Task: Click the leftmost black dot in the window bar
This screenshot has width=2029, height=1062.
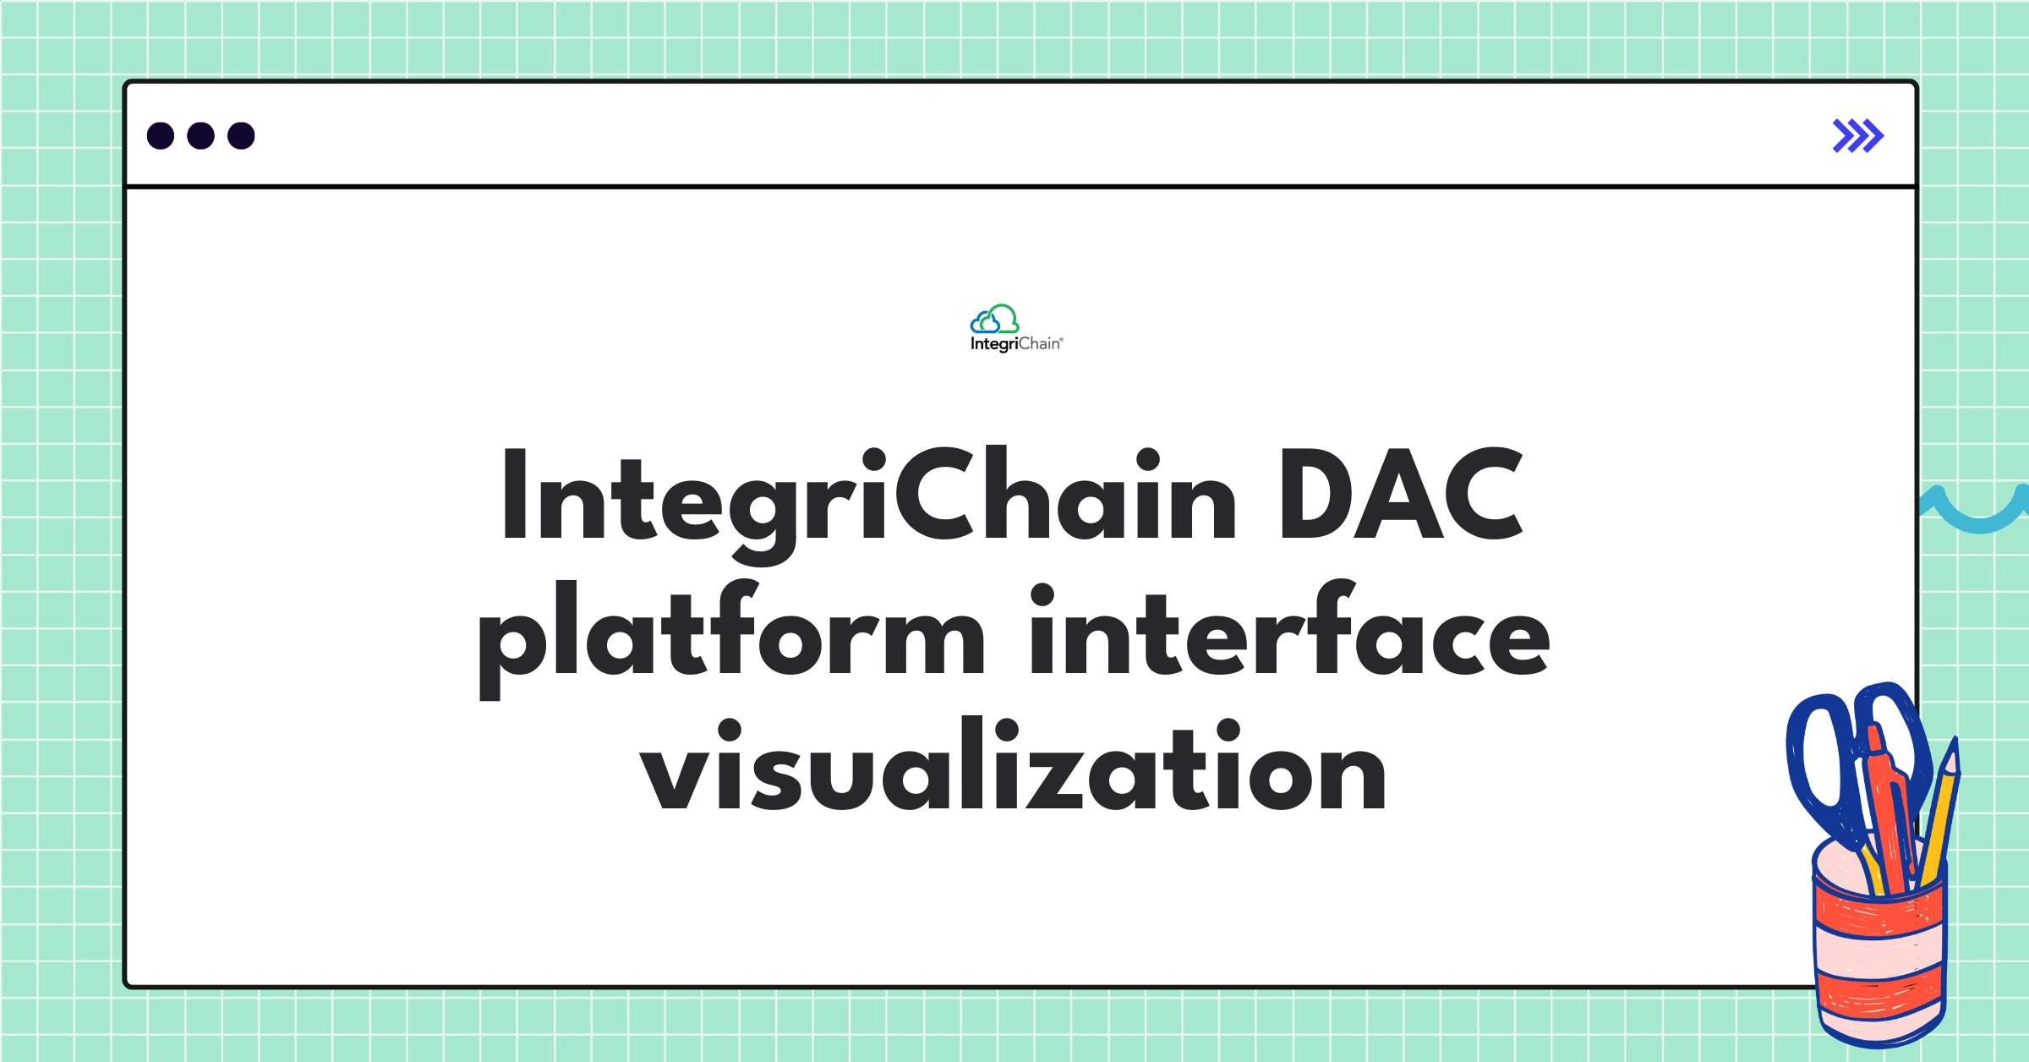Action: (161, 135)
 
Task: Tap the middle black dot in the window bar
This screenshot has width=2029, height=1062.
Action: (200, 135)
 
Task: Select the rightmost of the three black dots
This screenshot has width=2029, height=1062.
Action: (241, 135)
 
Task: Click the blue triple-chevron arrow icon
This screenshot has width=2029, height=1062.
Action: (1857, 135)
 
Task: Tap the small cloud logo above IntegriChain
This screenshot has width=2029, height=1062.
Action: (994, 320)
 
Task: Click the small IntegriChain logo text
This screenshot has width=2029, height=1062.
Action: (1016, 344)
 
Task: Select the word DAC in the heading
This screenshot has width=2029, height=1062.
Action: (1400, 495)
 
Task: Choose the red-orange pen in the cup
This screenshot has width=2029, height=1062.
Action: (1890, 812)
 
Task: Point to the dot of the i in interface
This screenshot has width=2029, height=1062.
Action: (1042, 594)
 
